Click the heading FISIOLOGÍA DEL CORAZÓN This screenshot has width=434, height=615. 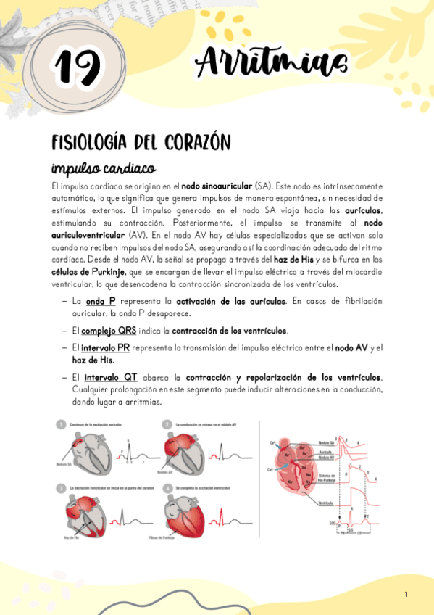tap(141, 142)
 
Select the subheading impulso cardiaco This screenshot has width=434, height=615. tap(103, 168)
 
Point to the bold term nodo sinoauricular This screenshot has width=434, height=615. tap(217, 186)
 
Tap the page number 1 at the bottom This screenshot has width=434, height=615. tap(406, 595)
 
